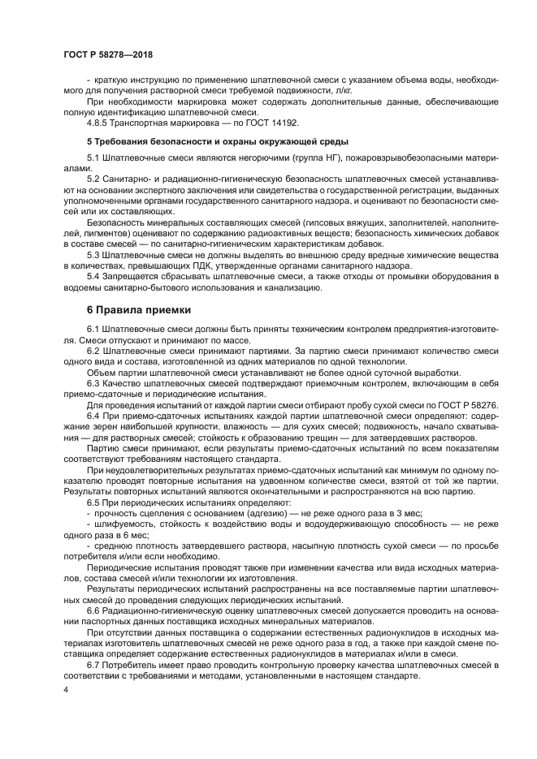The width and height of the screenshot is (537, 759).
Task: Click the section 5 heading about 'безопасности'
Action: (x=206, y=140)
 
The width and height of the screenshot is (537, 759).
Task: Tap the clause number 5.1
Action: (x=93, y=157)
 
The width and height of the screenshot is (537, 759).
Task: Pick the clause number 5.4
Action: (x=93, y=277)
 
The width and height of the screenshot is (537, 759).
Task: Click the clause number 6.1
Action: (x=93, y=327)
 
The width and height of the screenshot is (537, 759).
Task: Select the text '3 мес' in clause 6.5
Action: (x=405, y=514)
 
